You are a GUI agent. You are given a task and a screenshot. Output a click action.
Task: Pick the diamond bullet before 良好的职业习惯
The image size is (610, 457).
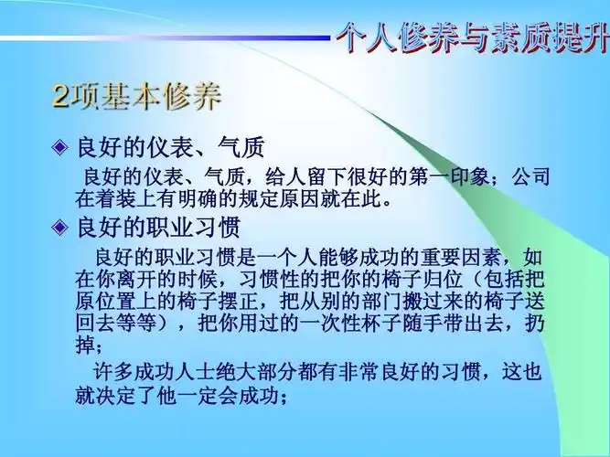pyautogui.click(x=60, y=226)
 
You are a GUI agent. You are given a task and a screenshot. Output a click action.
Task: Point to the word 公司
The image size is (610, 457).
pyautogui.click(x=530, y=175)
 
